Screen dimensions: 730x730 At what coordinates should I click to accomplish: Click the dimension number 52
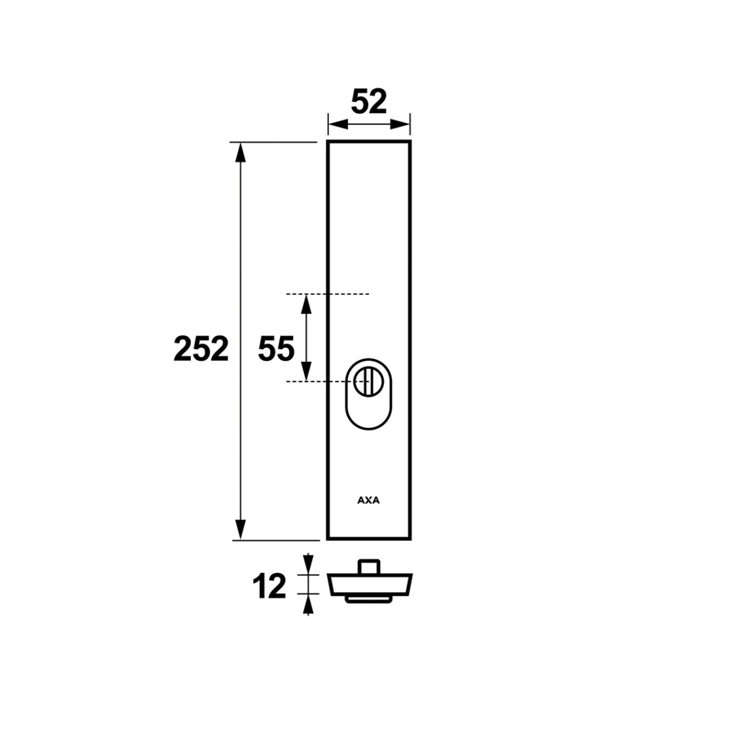[x=369, y=102]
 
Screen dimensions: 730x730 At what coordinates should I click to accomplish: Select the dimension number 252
[x=201, y=349]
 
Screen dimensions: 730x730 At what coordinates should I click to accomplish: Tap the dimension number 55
[x=277, y=349]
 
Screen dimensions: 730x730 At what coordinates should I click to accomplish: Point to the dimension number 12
[x=269, y=586]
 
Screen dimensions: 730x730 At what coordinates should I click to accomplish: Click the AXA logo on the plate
[x=368, y=500]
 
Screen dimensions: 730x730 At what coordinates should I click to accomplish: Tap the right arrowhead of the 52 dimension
[x=400, y=124]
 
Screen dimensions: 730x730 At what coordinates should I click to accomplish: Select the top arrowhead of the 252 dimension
[x=240, y=152]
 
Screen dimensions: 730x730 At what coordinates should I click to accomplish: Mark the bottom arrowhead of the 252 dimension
[x=240, y=529]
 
